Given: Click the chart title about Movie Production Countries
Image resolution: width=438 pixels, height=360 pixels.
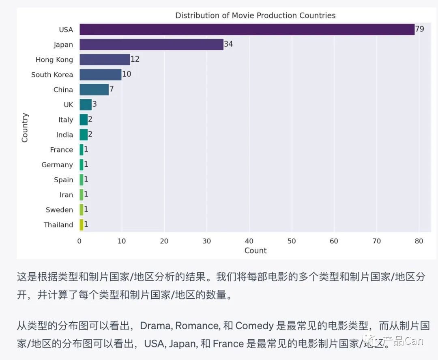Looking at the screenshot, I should pyautogui.click(x=255, y=16).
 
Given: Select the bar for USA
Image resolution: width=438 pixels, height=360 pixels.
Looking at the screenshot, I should pyautogui.click(x=247, y=30).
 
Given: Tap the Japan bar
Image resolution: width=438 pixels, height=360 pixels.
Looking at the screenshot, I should pyautogui.click(x=151, y=45).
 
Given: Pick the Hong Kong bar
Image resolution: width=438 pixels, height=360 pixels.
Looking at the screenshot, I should pyautogui.click(x=105, y=60).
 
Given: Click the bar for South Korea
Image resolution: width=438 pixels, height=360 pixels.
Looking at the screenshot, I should pyautogui.click(x=100, y=75).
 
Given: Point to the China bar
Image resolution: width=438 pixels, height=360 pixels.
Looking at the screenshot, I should pyautogui.click(x=94, y=90).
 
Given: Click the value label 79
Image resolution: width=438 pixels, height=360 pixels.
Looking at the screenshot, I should pyautogui.click(x=419, y=30).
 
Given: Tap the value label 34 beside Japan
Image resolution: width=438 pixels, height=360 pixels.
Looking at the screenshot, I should pyautogui.click(x=228, y=44).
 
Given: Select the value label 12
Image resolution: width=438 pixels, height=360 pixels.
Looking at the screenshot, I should pyautogui.click(x=135, y=59).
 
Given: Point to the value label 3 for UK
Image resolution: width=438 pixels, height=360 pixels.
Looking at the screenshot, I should pyautogui.click(x=94, y=104).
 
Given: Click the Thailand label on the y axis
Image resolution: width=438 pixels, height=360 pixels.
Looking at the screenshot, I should pyautogui.click(x=58, y=225).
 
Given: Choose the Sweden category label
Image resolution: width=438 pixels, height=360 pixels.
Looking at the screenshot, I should pyautogui.click(x=59, y=210).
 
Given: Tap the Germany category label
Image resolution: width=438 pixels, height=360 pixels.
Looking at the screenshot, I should pyautogui.click(x=57, y=165).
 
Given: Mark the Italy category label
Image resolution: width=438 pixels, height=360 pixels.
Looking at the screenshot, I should pyautogui.click(x=65, y=120).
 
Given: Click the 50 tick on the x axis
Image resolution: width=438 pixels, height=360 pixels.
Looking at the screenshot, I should pyautogui.click(x=291, y=241).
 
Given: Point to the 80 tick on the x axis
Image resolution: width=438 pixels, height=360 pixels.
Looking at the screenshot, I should pyautogui.click(x=419, y=241).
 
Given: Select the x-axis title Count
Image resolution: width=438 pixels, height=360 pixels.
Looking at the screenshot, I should pyautogui.click(x=255, y=251).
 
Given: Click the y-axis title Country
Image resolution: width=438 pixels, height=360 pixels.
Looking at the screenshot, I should pyautogui.click(x=25, y=127).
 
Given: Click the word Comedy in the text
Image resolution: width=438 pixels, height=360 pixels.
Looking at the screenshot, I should pyautogui.click(x=254, y=326).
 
